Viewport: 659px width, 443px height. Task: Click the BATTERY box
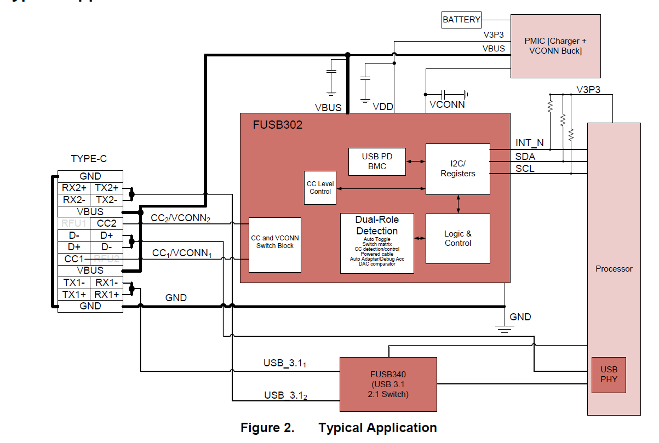(x=461, y=20)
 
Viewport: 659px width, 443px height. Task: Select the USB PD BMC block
(x=377, y=162)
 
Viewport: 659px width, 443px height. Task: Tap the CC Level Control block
(x=320, y=188)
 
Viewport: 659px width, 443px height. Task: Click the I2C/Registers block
(x=458, y=169)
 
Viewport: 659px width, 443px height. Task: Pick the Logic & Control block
(x=458, y=238)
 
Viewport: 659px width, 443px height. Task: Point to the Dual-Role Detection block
(x=377, y=243)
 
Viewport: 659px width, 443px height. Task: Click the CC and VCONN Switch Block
(x=275, y=245)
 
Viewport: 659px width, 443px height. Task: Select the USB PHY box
(x=609, y=375)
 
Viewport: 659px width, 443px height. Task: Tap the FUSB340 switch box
(x=388, y=384)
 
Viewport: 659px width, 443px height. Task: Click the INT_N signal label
(x=530, y=143)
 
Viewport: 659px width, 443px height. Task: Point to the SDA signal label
(x=525, y=156)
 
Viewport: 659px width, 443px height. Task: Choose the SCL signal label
(x=525, y=169)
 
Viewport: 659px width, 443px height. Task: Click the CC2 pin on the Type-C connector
(x=107, y=223)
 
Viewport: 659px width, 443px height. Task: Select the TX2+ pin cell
(x=107, y=188)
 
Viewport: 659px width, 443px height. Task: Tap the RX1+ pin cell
(x=107, y=295)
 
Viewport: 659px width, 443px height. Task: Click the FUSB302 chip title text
(x=278, y=125)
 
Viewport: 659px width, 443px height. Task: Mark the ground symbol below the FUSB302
(x=505, y=328)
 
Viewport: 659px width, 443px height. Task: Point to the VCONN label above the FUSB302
(x=447, y=104)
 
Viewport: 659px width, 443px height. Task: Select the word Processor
(x=614, y=269)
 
